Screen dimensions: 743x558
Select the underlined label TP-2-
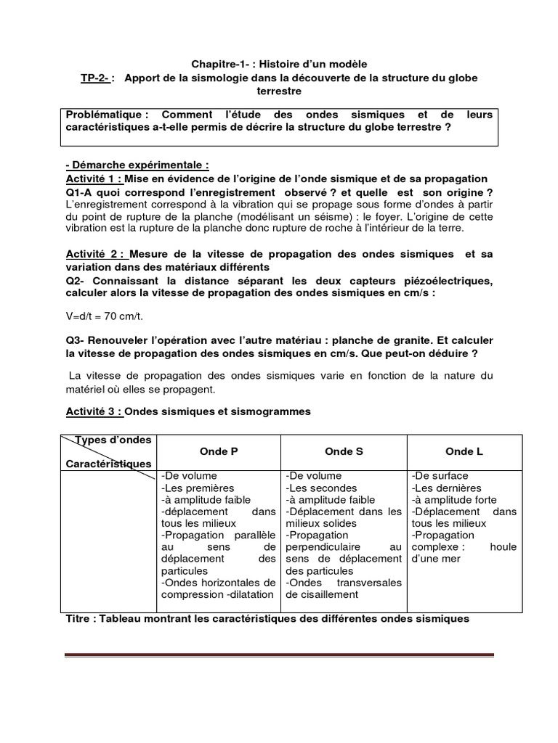(96, 78)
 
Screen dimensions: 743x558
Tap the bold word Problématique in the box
(107, 115)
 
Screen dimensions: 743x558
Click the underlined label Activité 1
(94, 178)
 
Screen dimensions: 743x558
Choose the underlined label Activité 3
(94, 411)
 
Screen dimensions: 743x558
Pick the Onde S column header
(344, 451)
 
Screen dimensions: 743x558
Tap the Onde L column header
(464, 451)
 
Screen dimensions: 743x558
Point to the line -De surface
(440, 475)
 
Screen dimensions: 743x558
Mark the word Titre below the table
(78, 619)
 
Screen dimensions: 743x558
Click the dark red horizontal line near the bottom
(279, 655)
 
